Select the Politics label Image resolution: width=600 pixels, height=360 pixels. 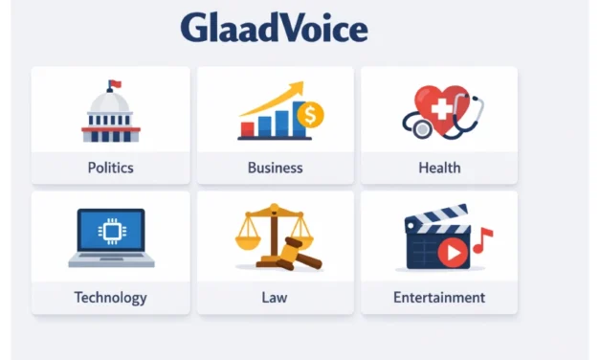tap(110, 168)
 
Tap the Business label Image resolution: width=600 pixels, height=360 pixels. tap(275, 168)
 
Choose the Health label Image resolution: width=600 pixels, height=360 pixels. tap(439, 168)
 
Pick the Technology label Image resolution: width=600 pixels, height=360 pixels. tap(110, 297)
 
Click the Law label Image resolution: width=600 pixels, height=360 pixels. tap(275, 297)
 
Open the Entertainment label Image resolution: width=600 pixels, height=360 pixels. tap(439, 297)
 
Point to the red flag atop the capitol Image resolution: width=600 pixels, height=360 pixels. tap(115, 83)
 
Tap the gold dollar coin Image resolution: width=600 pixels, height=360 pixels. tap(310, 116)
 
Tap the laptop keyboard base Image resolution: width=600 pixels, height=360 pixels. tap(111, 259)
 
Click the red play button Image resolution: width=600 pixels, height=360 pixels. tap(456, 251)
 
